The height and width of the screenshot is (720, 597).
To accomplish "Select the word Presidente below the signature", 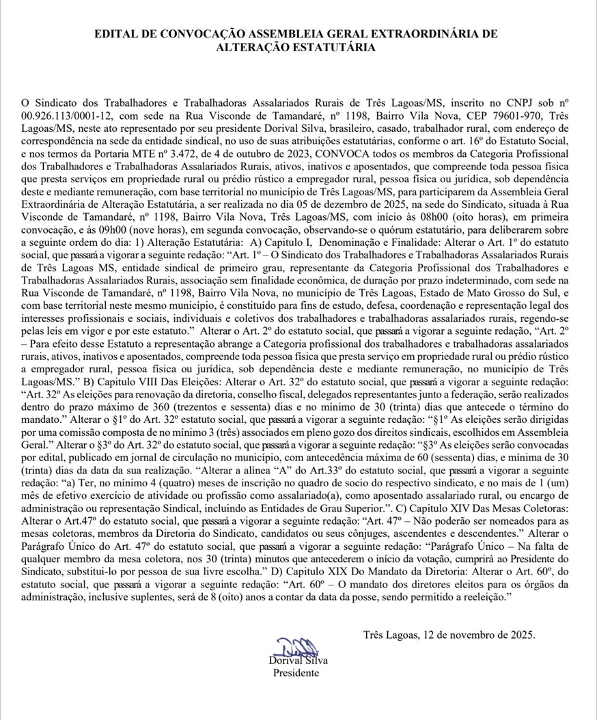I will (x=296, y=673).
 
